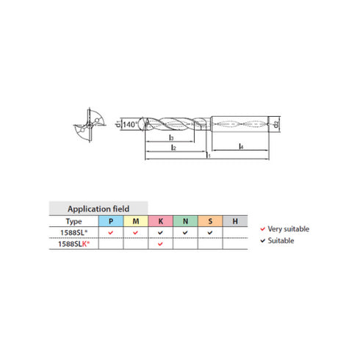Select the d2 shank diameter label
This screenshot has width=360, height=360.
[276, 123]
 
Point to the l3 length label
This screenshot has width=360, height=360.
[170, 137]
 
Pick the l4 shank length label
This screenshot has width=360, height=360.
[242, 148]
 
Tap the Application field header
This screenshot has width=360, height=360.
[98, 208]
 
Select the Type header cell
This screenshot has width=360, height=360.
[73, 220]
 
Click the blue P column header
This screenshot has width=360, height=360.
[110, 220]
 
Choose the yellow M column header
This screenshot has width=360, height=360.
[135, 220]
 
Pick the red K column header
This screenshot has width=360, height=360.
[160, 220]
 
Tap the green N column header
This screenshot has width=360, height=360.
[185, 220]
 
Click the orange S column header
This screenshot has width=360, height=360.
[210, 220]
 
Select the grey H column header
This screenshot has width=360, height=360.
[235, 220]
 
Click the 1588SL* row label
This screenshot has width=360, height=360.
[73, 231]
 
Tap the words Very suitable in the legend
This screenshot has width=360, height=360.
[289, 228]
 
